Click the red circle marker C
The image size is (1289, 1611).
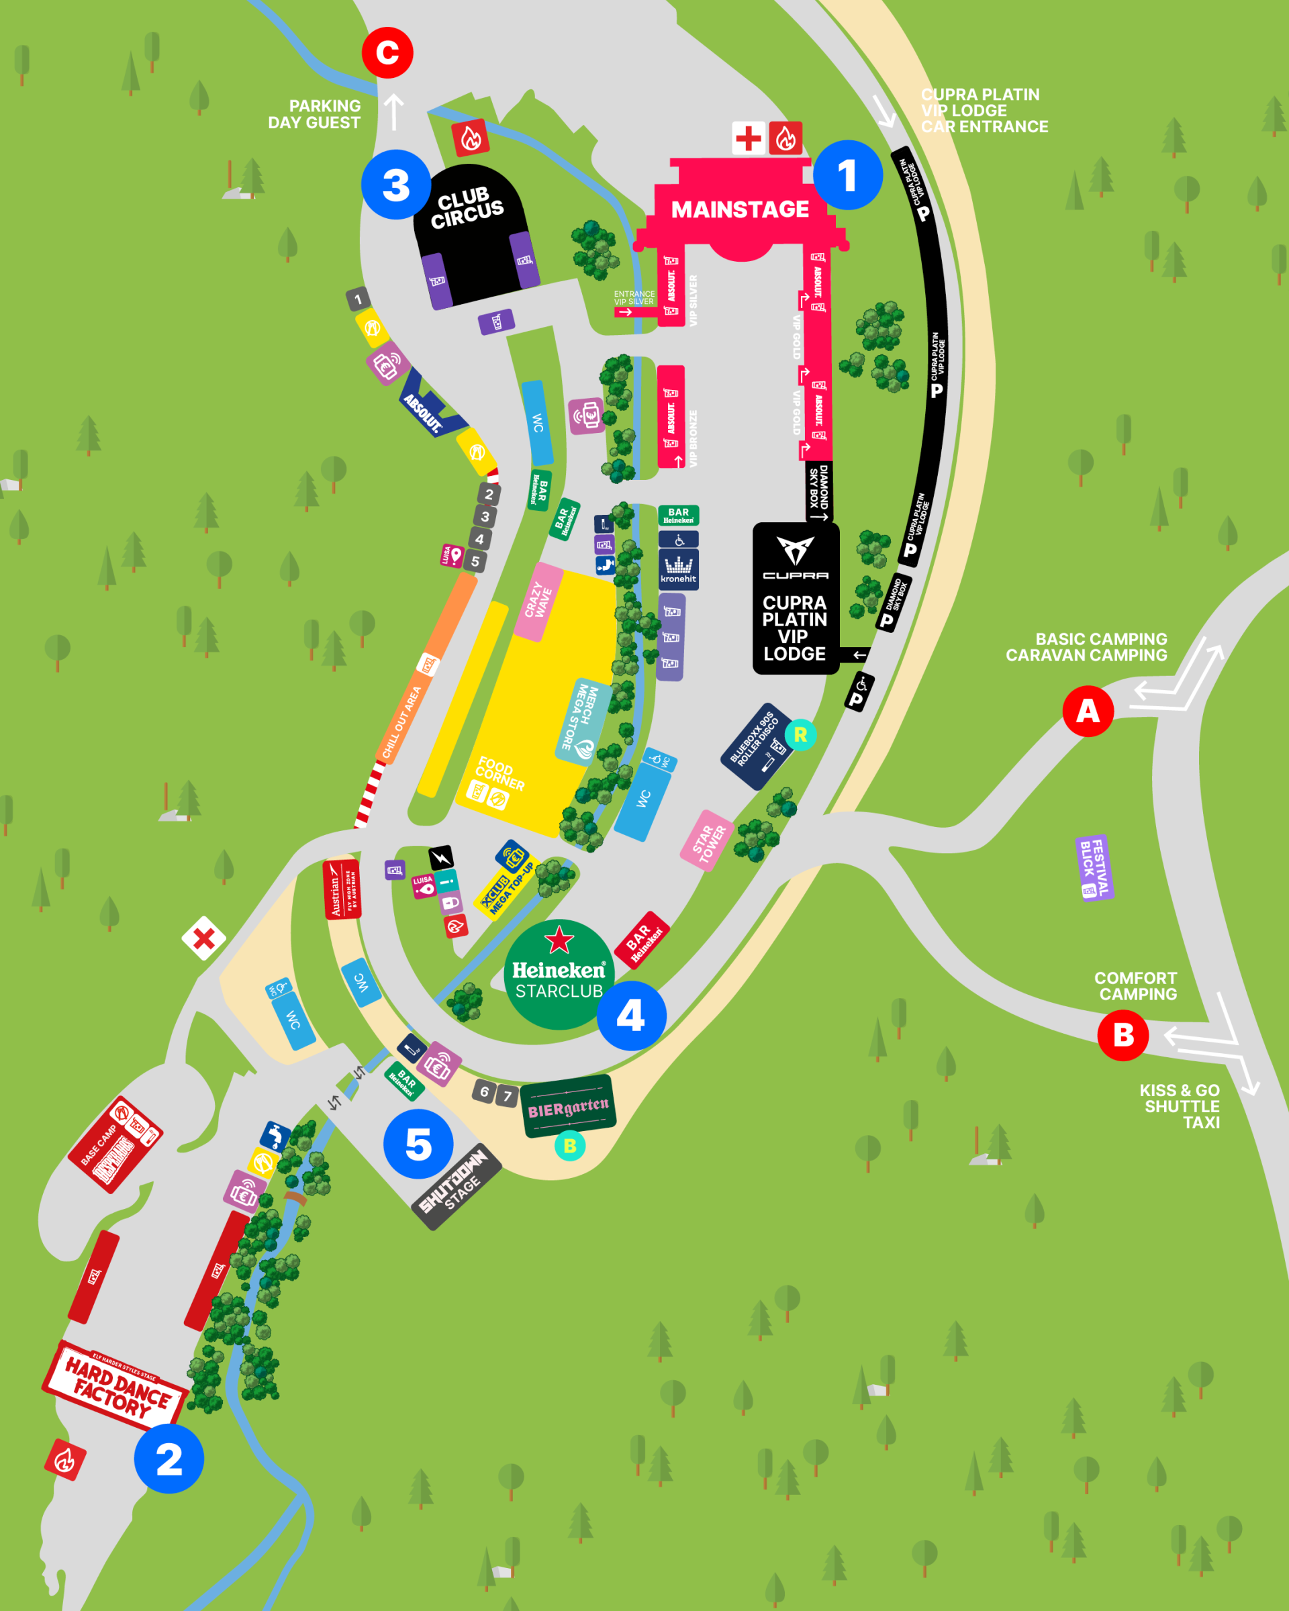click(387, 53)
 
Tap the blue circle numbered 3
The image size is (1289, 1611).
click(395, 185)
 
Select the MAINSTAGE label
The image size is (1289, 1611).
click(740, 209)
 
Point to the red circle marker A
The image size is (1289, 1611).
click(1088, 711)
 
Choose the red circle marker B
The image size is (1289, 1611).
click(1123, 1035)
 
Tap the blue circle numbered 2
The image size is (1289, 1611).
click(169, 1459)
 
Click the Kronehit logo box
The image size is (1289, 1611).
click(678, 569)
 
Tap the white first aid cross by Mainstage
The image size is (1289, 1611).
click(748, 138)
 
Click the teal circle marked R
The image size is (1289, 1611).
click(800, 734)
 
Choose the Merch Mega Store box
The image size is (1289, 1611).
click(583, 722)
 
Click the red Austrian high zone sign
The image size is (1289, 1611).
click(342, 889)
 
